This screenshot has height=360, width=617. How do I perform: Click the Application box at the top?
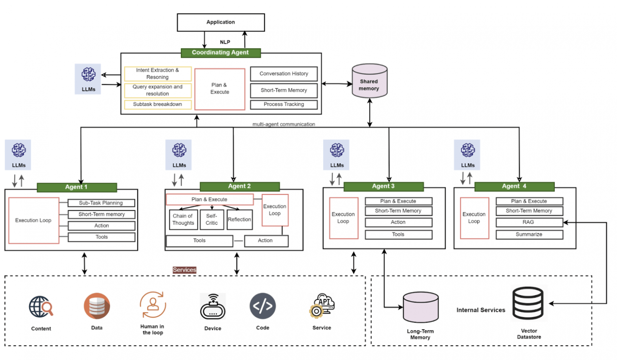tap(221, 23)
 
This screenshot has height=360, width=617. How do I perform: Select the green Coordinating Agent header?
tap(221, 53)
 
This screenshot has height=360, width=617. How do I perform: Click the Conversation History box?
tap(284, 74)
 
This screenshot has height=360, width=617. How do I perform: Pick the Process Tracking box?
tap(284, 104)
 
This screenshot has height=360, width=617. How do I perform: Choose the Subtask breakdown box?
tap(157, 104)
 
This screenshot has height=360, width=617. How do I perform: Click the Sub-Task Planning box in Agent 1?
tap(101, 203)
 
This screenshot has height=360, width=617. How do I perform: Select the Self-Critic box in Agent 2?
tap(212, 220)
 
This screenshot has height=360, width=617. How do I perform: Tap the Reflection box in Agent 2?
tap(239, 220)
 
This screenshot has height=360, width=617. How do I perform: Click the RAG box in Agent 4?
tap(529, 222)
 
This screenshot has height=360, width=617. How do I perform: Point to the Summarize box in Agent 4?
tap(529, 235)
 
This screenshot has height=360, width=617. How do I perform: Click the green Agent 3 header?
tap(383, 186)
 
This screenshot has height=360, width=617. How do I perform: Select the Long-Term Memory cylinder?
tap(420, 307)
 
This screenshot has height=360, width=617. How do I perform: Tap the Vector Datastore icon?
tap(528, 304)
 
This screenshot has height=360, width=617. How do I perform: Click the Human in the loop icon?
tap(153, 305)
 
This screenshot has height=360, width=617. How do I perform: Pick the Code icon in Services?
tap(263, 306)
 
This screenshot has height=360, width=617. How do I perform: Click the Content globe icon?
tap(41, 307)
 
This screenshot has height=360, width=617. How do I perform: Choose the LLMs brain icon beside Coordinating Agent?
tap(88, 75)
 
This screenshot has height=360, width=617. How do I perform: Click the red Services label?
tap(184, 270)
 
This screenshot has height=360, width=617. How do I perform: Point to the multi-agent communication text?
tap(284, 124)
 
